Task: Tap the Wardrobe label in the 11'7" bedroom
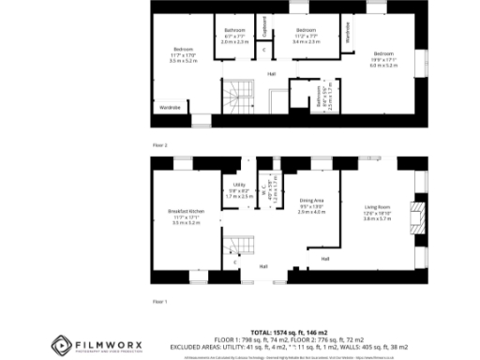[169, 108]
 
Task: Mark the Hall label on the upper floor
[272, 73]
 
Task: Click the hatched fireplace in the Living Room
[423, 217]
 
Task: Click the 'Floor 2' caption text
[160, 145]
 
